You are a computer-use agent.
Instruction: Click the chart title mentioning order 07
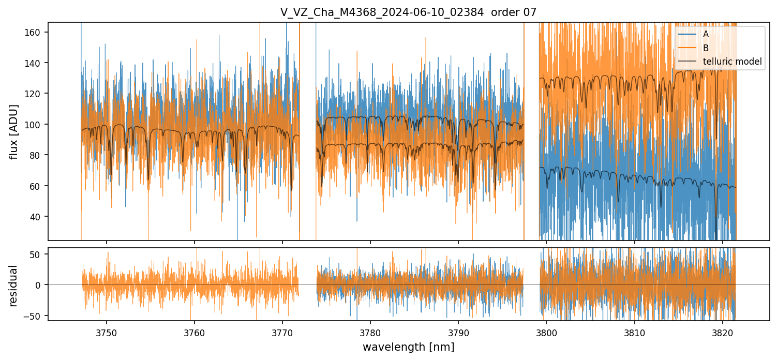click(x=408, y=12)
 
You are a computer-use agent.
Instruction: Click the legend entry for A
click(x=706, y=35)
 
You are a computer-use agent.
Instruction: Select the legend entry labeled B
click(x=706, y=48)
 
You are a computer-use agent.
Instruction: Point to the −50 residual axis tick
click(x=36, y=316)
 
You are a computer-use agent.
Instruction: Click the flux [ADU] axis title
click(x=14, y=131)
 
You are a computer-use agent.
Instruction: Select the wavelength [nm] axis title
click(x=408, y=347)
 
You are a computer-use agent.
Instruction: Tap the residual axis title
click(x=14, y=285)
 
